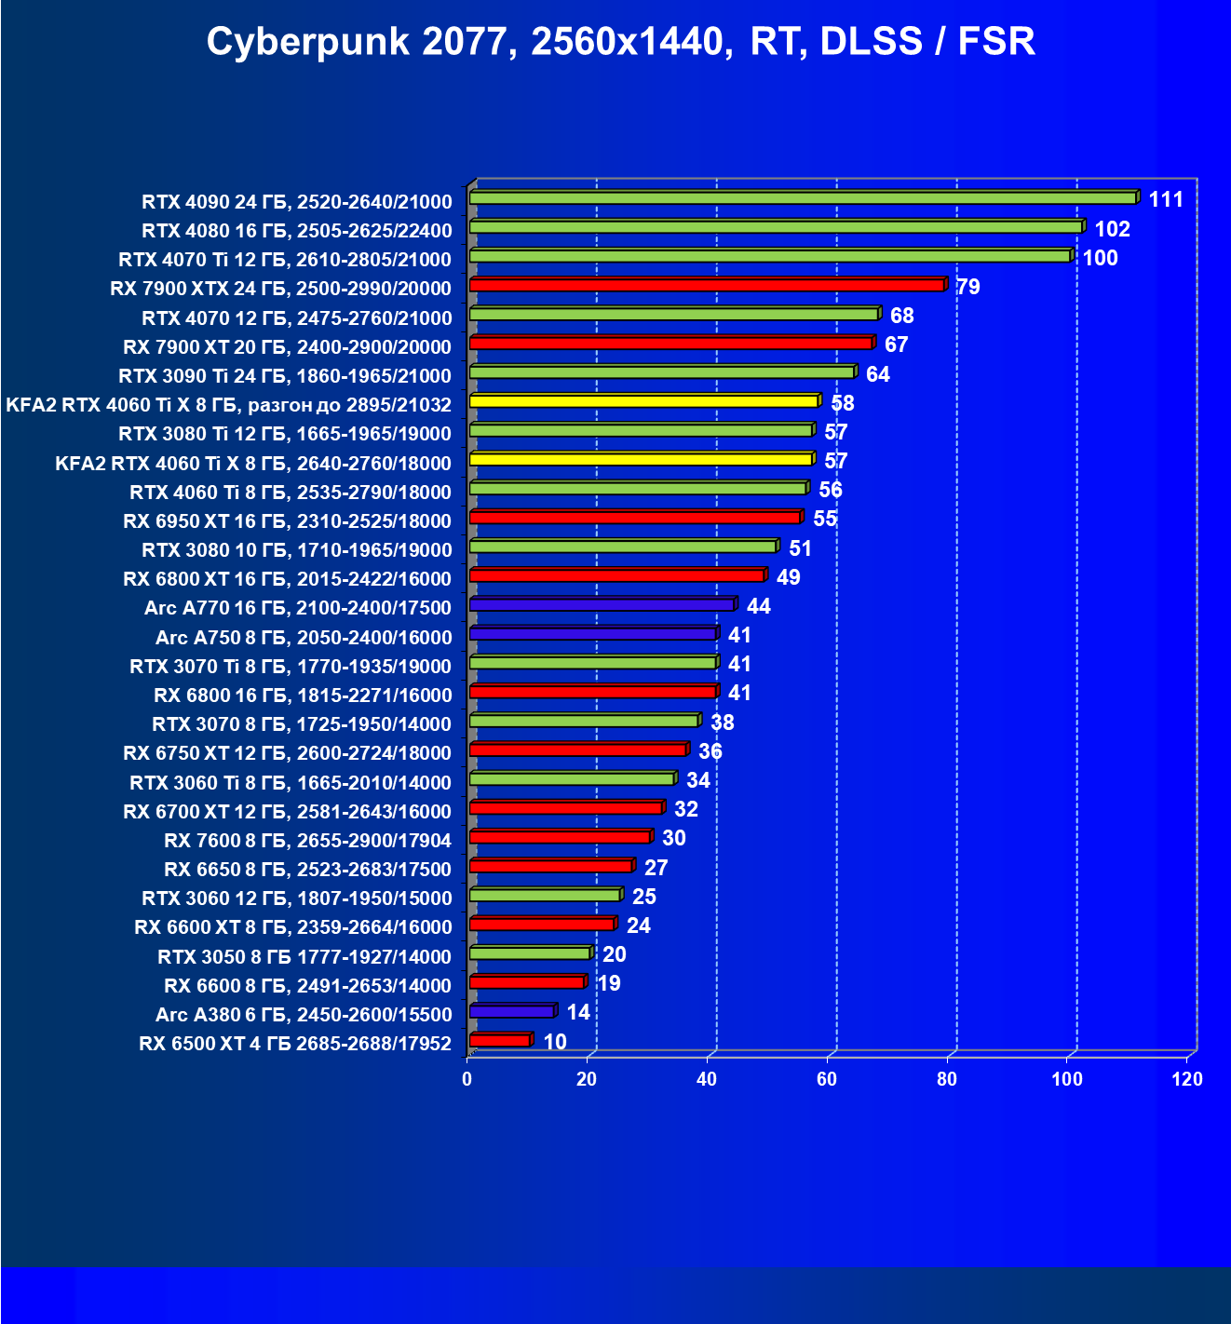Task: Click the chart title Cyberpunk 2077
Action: pos(620,42)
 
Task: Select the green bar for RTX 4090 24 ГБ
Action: pos(802,198)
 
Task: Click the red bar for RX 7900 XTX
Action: pos(707,285)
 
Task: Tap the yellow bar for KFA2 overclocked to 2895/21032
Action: pos(643,401)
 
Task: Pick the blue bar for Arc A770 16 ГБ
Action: pos(602,605)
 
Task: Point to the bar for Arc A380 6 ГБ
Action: pos(512,1011)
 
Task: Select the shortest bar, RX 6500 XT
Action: pos(500,1040)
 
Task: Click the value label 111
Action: pos(1166,199)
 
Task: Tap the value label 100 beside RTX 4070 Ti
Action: pos(1100,258)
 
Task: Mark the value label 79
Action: pos(968,287)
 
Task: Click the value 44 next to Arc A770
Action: pos(758,606)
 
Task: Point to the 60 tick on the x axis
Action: pos(827,1079)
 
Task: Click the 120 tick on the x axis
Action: pos(1187,1079)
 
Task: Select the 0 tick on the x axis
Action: pos(467,1079)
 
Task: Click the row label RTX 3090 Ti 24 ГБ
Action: pos(285,375)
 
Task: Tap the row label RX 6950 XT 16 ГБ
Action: pos(287,520)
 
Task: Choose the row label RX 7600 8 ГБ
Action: pos(307,841)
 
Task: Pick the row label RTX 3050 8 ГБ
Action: pos(304,956)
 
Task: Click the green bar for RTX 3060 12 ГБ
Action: pos(545,895)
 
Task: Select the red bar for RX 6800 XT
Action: pos(616,575)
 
